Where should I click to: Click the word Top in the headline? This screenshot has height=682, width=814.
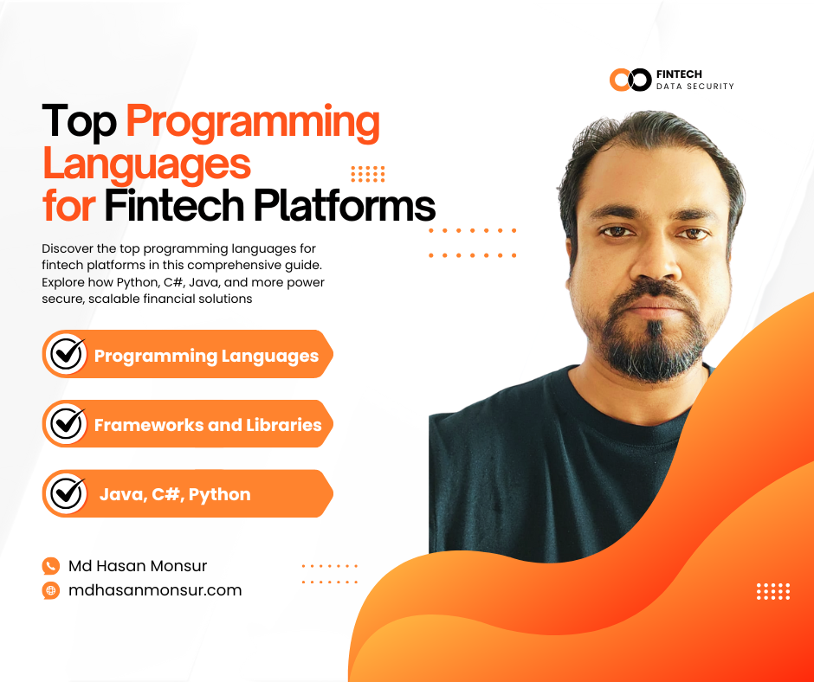click(x=79, y=123)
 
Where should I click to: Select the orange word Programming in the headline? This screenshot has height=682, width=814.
click(x=253, y=123)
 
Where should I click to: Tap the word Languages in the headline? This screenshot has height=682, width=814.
click(x=146, y=163)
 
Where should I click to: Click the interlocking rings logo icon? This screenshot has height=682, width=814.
click(x=630, y=80)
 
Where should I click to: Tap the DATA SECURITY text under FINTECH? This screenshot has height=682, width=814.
click(x=695, y=87)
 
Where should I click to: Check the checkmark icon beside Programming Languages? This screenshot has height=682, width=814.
click(x=66, y=354)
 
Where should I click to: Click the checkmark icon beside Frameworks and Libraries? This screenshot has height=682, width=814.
click(x=66, y=424)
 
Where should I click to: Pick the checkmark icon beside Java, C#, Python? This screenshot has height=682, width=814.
click(x=66, y=493)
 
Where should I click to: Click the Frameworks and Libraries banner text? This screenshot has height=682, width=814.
click(x=207, y=425)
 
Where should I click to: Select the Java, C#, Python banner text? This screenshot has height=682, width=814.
click(x=175, y=494)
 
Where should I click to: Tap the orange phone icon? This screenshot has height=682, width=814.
click(x=50, y=566)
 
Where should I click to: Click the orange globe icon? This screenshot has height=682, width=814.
click(x=50, y=590)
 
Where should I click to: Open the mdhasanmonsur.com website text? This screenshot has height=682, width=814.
click(x=155, y=590)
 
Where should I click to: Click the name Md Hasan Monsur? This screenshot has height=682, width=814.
click(x=138, y=566)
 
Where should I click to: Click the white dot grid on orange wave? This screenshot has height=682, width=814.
click(x=772, y=591)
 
